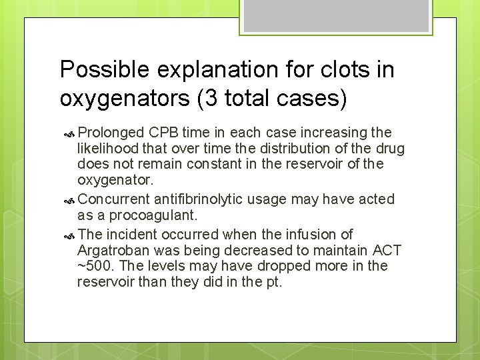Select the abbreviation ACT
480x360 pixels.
[387, 250]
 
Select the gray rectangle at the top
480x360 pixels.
[336, 15]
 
